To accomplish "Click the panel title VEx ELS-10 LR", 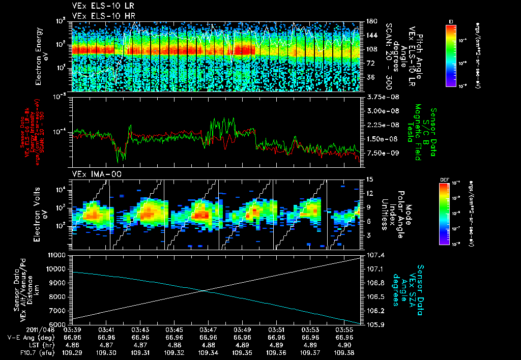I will click(100, 6).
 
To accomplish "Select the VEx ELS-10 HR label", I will click(100, 15).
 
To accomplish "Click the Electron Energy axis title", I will click(42, 56).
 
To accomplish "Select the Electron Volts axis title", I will click(42, 214).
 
